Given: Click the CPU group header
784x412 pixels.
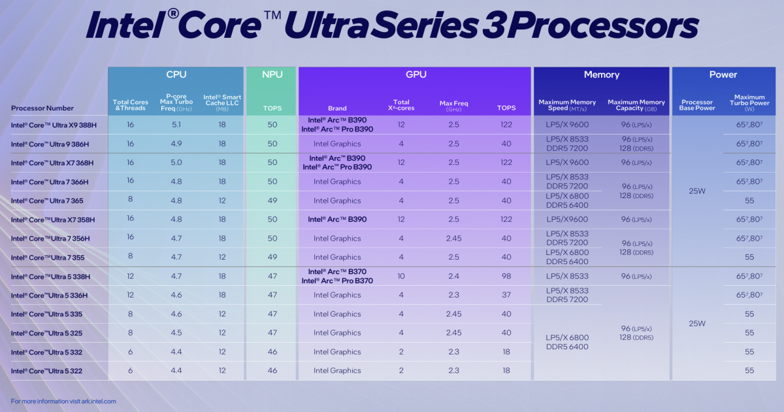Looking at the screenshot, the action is point(176,75).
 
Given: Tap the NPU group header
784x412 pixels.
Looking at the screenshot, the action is point(272,75).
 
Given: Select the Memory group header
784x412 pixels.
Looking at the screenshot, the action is point(601,75).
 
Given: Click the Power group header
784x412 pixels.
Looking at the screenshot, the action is point(723,75).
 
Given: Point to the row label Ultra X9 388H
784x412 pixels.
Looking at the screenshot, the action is point(54,125).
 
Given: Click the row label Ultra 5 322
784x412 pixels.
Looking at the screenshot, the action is point(46,371).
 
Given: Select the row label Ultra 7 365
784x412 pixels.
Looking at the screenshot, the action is point(47,201).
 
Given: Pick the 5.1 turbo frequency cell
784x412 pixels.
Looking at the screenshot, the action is point(176,125).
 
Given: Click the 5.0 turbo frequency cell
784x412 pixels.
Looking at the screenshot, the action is point(176,163).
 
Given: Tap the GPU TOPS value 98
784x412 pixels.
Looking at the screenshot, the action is point(506,276).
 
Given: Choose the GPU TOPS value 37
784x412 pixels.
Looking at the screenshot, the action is point(506,295).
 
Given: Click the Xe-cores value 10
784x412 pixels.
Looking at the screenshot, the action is point(401,276).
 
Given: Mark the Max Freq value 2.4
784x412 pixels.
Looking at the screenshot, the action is point(453,276).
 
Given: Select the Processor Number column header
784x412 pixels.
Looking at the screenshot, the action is point(42,108).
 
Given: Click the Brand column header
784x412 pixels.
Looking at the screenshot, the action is point(337,109).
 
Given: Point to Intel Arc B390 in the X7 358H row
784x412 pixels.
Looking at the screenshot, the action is point(337,219).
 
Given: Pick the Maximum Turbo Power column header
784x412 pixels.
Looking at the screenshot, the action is point(749,102).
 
